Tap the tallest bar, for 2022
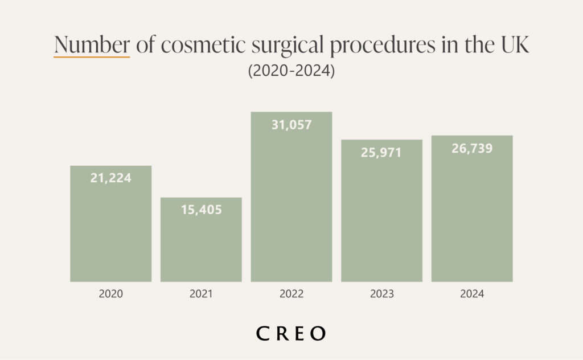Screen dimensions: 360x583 pyautogui.click(x=291, y=205)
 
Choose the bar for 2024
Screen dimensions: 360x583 pyautogui.click(x=472, y=216)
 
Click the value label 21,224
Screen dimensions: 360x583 pyautogui.click(x=110, y=178)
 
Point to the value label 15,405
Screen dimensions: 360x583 pyautogui.click(x=201, y=210)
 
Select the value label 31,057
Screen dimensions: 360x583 pyautogui.click(x=291, y=124)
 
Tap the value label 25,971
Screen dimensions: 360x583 pyautogui.click(x=381, y=152)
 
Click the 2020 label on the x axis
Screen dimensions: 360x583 pyautogui.click(x=110, y=294)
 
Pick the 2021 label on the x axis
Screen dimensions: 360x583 pyautogui.click(x=201, y=294)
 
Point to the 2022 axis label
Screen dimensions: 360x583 pyautogui.click(x=291, y=294)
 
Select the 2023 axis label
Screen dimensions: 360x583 pyautogui.click(x=381, y=294)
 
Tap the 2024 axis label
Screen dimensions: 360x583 pyautogui.click(x=472, y=294)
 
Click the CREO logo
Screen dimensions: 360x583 pyautogui.click(x=291, y=333)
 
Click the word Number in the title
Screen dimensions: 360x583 pyautogui.click(x=92, y=45)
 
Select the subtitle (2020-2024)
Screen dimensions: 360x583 pyautogui.click(x=291, y=72)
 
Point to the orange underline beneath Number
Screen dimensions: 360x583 pyautogui.click(x=92, y=57)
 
